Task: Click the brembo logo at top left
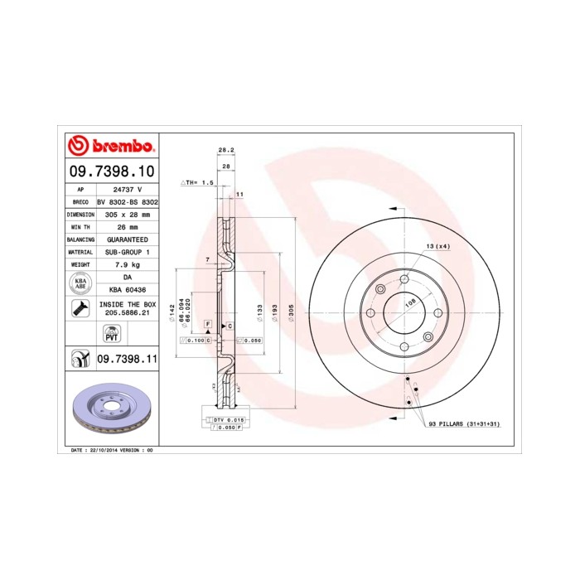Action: point(111,147)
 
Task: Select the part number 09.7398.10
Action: point(110,172)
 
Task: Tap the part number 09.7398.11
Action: point(127,359)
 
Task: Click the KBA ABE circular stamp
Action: point(80,284)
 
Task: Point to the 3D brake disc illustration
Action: point(110,409)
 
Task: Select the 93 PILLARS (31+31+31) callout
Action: point(464,423)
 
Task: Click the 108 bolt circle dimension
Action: point(409,303)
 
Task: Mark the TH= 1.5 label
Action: point(198,181)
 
